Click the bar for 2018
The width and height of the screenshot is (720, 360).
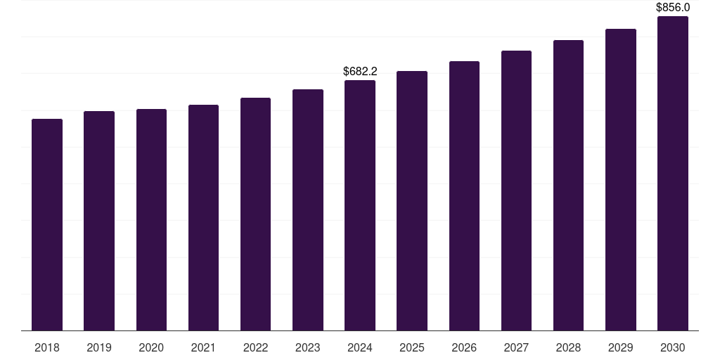47,225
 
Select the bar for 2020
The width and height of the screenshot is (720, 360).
151,220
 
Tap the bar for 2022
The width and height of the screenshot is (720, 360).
255,214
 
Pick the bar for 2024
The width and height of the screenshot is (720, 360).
360,205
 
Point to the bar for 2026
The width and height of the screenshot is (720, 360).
464,196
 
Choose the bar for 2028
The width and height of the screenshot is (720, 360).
568,186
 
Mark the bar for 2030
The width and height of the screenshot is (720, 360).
672,174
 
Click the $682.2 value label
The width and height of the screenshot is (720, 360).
360,71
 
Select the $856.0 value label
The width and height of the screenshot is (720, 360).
673,7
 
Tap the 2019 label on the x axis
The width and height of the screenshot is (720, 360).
99,347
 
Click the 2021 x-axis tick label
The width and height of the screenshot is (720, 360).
203,347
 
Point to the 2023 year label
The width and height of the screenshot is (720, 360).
307,347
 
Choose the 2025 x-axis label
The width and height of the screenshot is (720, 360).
412,347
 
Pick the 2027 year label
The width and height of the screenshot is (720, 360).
516,347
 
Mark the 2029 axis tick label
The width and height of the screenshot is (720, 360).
620,347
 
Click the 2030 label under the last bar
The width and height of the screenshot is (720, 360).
672,347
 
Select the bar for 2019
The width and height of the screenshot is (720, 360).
99,221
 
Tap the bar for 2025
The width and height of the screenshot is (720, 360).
412,201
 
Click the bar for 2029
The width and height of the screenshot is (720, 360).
620,180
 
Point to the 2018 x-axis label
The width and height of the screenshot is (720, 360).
47,347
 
